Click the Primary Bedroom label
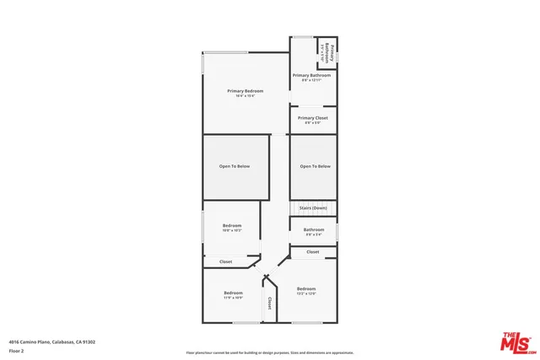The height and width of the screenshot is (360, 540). point(246,90)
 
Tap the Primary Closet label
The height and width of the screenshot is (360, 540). point(312,118)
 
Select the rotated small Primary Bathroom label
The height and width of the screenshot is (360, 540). point(332,54)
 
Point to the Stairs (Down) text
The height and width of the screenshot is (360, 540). point(313,207)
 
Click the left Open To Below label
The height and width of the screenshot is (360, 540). point(235,166)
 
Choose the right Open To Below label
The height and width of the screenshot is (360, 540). point(315,166)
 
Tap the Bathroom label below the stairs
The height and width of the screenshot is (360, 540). point(314,229)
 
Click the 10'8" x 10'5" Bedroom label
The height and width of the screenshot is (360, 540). point(232,225)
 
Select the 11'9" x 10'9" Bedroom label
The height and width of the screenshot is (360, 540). point(232,294)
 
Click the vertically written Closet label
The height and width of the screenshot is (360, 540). point(269,303)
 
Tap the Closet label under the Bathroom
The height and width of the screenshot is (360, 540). point(313,252)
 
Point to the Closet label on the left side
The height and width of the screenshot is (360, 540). point(225,261)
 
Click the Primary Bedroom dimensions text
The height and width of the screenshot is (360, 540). point(246,96)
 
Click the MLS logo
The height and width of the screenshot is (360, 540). point(516,340)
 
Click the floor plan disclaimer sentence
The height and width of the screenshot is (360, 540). point(269,352)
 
